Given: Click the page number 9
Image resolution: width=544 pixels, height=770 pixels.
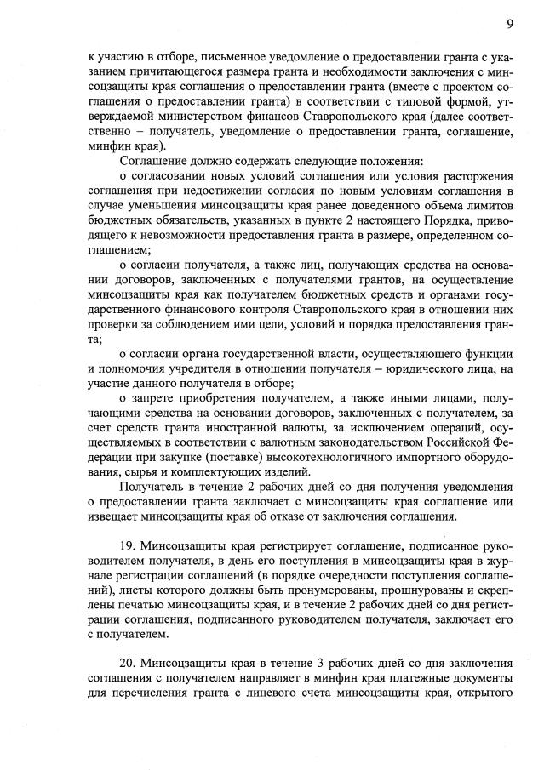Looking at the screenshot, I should coord(509,22).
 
